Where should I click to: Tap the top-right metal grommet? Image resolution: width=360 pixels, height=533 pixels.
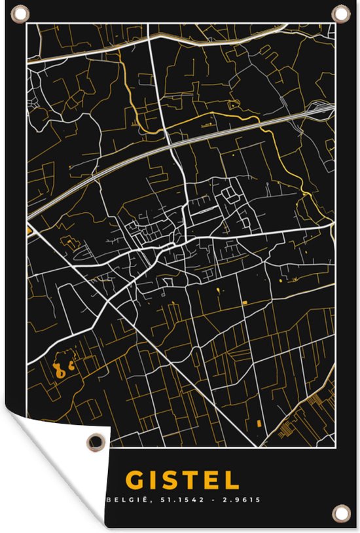[340, 13]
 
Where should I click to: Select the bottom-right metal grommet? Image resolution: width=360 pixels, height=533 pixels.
[340, 511]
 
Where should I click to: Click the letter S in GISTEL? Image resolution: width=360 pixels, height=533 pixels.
[170, 480]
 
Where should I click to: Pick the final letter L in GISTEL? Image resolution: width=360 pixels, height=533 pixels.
[232, 480]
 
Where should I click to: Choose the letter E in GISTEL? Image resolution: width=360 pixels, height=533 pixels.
[211, 480]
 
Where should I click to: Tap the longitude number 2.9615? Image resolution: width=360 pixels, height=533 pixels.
[242, 500]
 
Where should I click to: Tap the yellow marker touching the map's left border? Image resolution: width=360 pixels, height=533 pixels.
[29, 230]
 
